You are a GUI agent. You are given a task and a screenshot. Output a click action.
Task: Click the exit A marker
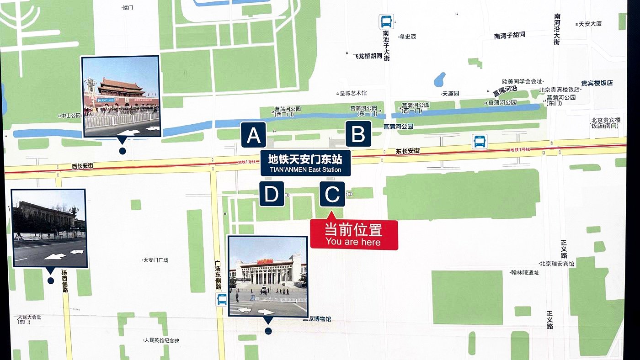254,135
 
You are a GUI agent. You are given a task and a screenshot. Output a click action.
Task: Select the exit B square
358,134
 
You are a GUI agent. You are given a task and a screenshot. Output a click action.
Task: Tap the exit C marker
332,194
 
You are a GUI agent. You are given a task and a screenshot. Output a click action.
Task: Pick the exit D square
272,194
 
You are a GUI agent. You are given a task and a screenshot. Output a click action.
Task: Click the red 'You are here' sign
354,234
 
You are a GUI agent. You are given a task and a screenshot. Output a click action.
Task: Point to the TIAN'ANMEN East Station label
305,163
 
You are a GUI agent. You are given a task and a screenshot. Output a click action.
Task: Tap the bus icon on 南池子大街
386,21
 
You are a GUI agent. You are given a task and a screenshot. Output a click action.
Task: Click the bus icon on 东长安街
479,142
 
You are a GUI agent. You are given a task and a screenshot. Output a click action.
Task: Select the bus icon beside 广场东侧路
222,299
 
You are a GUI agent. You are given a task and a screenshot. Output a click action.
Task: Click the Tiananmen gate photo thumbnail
121,96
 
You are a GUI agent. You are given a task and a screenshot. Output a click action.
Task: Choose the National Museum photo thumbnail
267,276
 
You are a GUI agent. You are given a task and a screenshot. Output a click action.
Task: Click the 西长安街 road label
82,166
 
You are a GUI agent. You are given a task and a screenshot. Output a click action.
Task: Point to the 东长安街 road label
408,151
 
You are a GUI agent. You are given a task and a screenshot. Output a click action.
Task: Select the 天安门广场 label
156,260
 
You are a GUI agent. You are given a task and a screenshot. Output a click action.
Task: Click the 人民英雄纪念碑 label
161,340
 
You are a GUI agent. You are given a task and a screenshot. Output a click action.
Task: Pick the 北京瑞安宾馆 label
556,264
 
